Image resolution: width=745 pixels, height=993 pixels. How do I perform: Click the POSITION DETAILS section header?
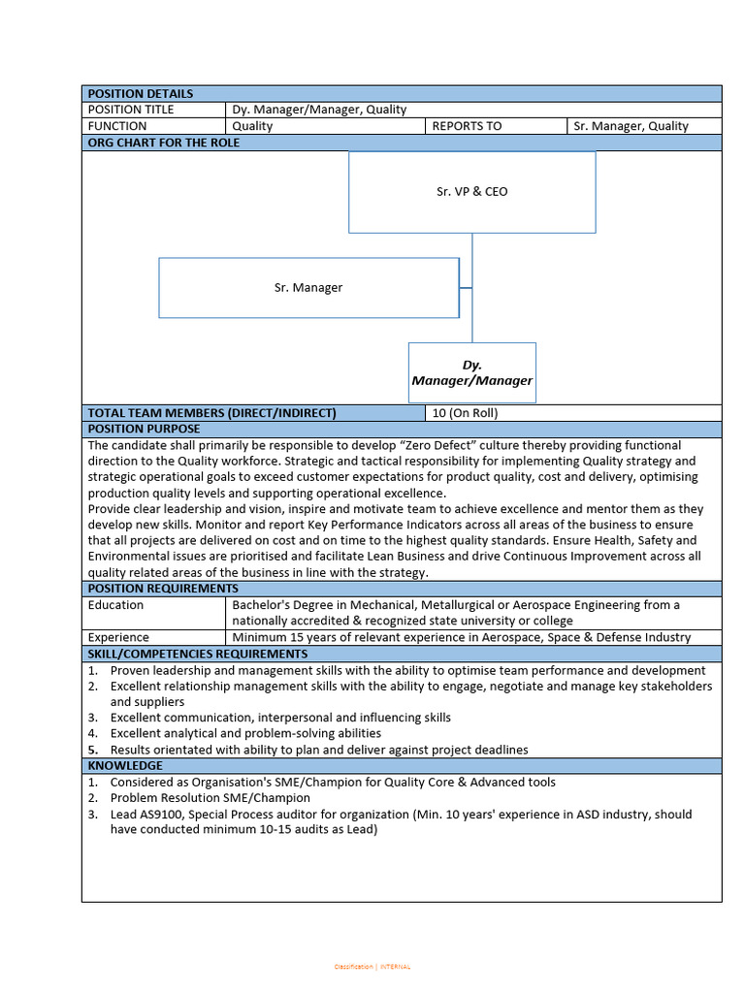[141, 94]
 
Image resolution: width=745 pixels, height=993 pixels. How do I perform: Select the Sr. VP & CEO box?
[471, 192]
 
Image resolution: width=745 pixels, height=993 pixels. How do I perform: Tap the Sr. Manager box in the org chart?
[308, 288]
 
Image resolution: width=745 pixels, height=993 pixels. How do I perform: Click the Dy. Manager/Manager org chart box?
[471, 372]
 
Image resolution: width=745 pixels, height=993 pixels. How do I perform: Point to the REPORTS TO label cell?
[467, 126]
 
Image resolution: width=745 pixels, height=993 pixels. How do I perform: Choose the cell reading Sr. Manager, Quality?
[631, 126]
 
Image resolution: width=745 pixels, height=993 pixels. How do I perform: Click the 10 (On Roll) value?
[465, 413]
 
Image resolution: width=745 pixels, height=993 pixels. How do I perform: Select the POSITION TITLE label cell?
[131, 110]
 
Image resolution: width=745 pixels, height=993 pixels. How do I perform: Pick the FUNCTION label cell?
[117, 126]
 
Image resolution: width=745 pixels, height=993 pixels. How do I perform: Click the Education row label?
[115, 605]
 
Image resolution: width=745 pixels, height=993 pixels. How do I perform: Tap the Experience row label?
[118, 637]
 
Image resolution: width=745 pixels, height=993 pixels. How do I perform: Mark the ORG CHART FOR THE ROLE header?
[164, 143]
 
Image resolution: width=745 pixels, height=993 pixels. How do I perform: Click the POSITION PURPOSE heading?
[144, 429]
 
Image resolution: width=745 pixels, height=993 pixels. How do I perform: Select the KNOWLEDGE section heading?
[125, 766]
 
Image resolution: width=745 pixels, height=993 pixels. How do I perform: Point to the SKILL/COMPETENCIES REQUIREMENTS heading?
[198, 654]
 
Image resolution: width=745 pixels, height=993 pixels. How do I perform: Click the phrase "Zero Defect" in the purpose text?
[420, 445]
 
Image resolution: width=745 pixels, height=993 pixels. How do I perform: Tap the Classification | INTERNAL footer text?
[372, 967]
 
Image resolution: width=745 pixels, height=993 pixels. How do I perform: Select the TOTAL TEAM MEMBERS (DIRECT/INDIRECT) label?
[211, 413]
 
